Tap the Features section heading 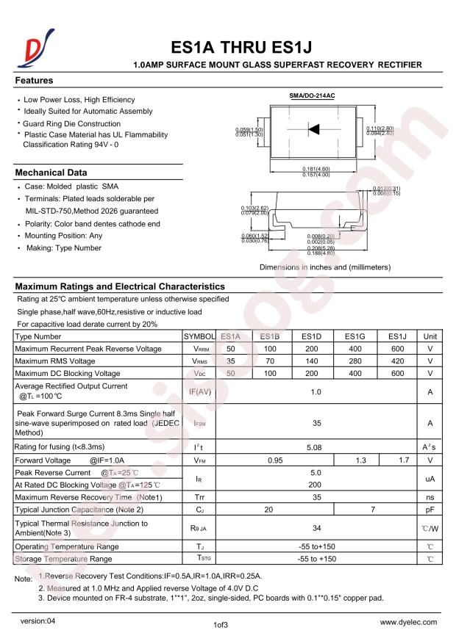(34, 80)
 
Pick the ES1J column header (398, 336)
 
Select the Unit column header (430, 336)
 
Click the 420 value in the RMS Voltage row (398, 361)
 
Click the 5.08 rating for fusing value (316, 446)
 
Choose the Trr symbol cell (199, 498)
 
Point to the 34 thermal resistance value (316, 527)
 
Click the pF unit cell (430, 510)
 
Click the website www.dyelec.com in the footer (412, 622)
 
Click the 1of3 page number (221, 626)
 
